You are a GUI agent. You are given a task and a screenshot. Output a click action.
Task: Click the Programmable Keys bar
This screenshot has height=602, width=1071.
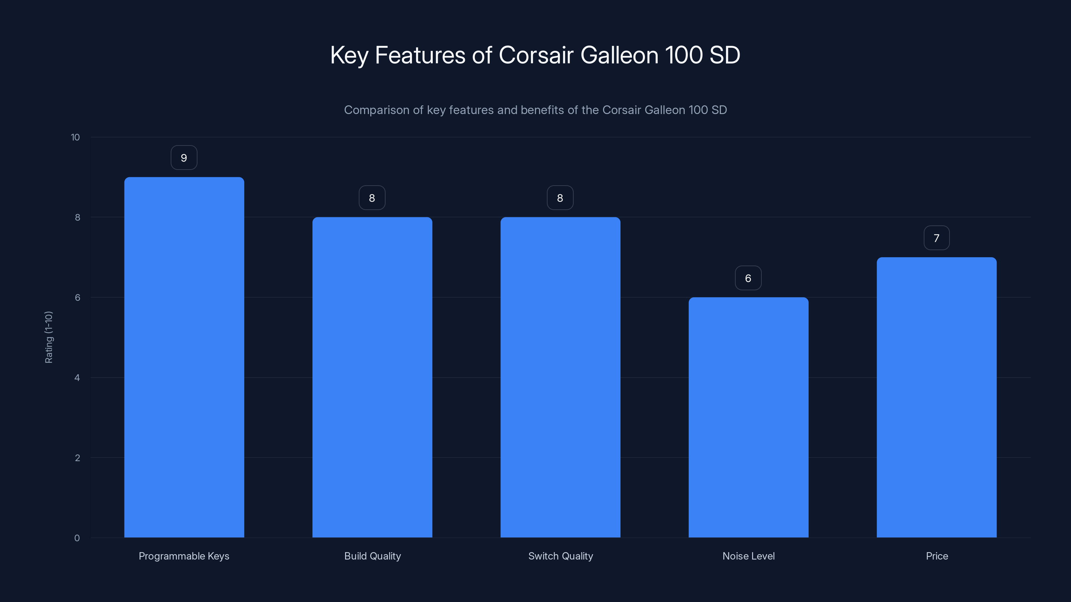point(184,357)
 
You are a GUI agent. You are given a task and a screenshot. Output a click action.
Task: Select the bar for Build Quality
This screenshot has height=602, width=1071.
point(372,377)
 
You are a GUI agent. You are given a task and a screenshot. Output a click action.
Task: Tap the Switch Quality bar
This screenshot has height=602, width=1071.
point(560,377)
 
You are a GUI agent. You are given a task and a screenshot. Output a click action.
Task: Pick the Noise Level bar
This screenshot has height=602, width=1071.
point(748,417)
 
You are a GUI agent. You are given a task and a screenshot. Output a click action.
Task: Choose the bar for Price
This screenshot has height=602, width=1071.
point(936,397)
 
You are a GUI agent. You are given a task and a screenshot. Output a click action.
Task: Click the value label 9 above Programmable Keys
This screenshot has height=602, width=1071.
point(184,158)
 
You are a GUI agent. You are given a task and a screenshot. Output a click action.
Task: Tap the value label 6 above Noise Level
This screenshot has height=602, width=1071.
point(748,278)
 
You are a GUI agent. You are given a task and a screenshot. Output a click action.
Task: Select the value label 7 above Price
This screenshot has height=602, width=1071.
point(936,238)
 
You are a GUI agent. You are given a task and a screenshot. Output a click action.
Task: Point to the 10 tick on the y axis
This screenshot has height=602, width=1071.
point(75,137)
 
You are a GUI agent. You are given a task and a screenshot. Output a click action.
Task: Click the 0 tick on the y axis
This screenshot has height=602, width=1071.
point(77,538)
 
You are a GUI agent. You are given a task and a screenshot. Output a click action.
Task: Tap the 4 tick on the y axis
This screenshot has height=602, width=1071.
point(77,378)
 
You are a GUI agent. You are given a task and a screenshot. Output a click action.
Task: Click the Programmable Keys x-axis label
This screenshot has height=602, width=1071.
point(184,556)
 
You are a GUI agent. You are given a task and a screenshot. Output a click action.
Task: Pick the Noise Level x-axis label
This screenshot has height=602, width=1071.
point(748,556)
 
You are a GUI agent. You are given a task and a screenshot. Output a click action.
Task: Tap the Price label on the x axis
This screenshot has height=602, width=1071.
point(937,556)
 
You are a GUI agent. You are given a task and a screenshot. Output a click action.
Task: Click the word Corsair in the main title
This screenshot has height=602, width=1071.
point(536,55)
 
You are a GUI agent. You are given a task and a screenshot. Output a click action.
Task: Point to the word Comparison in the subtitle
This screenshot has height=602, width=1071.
point(376,110)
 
